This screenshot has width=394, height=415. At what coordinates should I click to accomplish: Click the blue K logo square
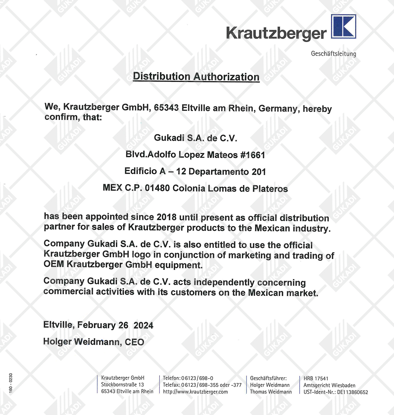click(343, 26)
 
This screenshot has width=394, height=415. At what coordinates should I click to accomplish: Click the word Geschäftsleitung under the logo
click(333, 54)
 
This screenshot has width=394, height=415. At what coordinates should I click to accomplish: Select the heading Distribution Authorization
click(196, 77)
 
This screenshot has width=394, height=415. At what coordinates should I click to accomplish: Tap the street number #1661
click(252, 155)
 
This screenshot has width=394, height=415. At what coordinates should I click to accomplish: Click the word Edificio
click(141, 171)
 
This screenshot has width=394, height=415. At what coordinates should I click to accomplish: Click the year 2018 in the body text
click(166, 217)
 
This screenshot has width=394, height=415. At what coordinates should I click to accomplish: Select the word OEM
click(54, 264)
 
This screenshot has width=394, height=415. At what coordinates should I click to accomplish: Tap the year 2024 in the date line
click(143, 325)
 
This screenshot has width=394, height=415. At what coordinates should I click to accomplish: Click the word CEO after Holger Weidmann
click(134, 342)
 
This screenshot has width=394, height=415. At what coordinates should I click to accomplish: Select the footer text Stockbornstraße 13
click(122, 384)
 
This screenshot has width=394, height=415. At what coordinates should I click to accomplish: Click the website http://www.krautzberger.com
click(195, 392)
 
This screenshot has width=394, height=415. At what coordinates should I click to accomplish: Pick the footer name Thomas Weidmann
click(271, 392)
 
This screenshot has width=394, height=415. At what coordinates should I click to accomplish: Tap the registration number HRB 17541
click(316, 379)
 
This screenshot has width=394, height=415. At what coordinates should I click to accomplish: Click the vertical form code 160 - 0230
click(11, 383)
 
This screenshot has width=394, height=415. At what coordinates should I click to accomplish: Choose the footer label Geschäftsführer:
click(268, 378)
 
